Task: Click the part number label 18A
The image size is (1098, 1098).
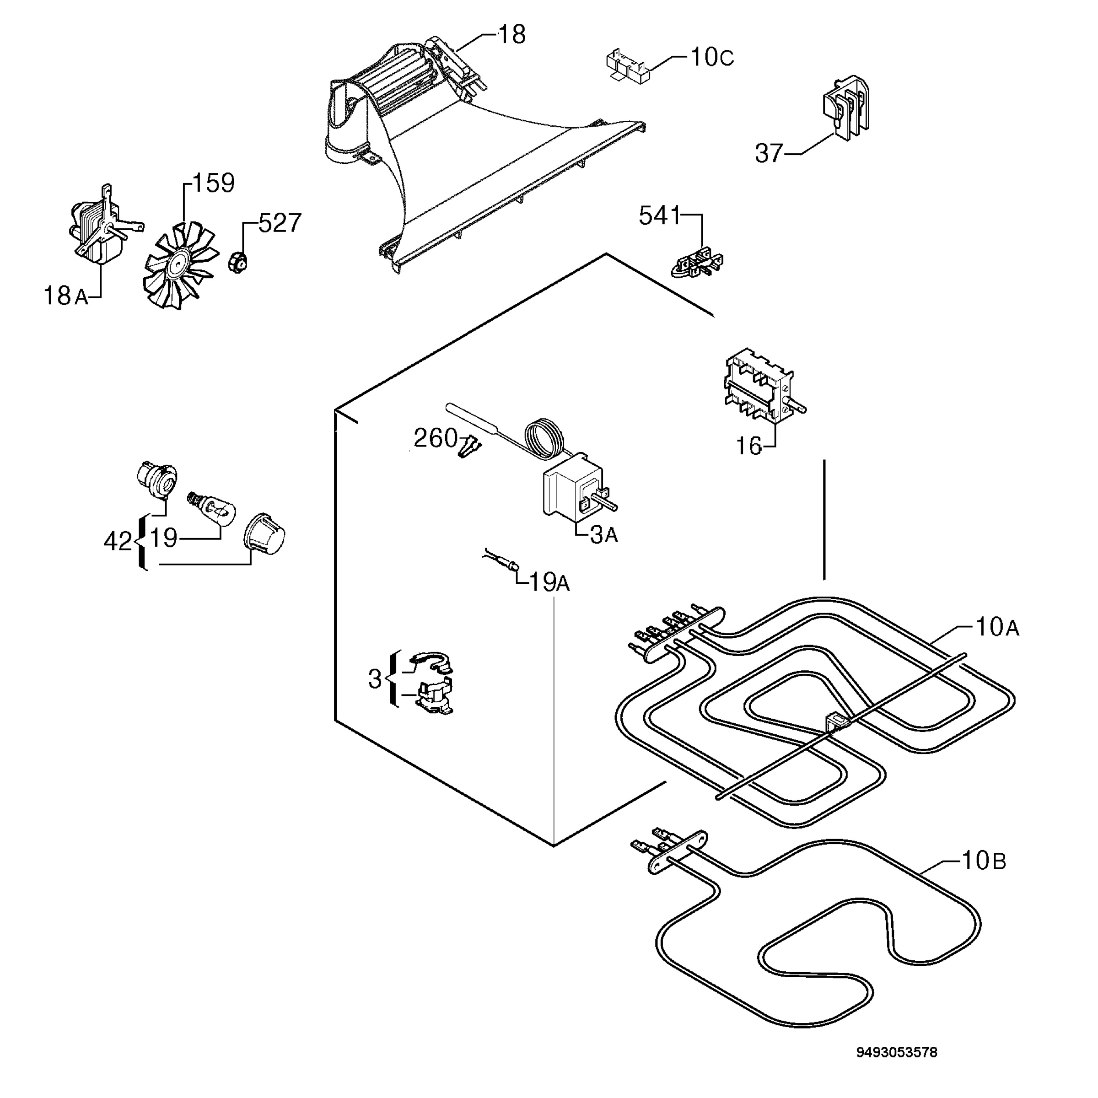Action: (66, 296)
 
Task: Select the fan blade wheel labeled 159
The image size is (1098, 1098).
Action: (181, 265)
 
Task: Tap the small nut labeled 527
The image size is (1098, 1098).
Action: (237, 262)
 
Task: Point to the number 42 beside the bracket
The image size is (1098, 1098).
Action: (118, 542)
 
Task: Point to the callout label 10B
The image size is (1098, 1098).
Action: (984, 861)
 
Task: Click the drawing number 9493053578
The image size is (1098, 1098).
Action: (897, 1052)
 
